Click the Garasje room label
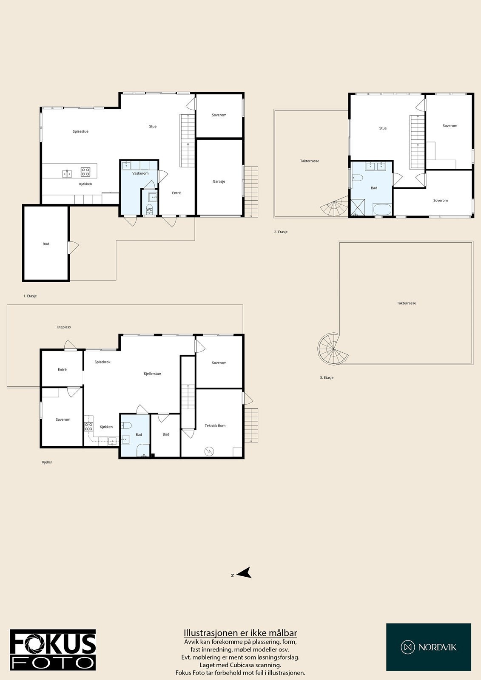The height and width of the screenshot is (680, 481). [219, 181]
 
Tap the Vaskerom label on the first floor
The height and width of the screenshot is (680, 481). [140, 173]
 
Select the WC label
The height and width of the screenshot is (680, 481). [149, 210]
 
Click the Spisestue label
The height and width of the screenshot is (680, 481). [80, 132]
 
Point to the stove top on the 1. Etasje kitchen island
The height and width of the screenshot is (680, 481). [85, 172]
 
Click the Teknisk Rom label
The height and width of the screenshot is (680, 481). [215, 425]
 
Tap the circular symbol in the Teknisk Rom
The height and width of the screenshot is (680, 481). [209, 451]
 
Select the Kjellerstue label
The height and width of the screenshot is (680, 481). [152, 374]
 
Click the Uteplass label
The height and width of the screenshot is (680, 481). [64, 327]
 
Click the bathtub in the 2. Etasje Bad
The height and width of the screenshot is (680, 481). [382, 210]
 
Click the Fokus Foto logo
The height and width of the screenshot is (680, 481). [53, 650]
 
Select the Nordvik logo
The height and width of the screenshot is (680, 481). [428, 647]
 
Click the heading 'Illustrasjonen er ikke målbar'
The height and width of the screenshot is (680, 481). [240, 633]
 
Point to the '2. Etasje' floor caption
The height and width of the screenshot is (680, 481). [281, 232]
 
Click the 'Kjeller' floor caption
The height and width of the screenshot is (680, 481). [47, 462]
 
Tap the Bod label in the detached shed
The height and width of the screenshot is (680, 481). [46, 244]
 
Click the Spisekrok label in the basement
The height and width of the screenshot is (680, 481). [102, 362]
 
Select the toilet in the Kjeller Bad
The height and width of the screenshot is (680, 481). [126, 425]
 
